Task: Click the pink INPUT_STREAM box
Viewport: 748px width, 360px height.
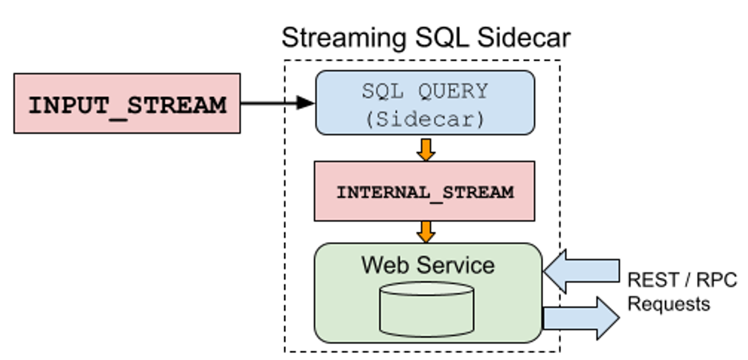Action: pyautogui.click(x=126, y=103)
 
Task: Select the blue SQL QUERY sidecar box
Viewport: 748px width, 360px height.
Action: pyautogui.click(x=425, y=103)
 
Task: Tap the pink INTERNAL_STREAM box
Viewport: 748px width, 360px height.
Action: pyautogui.click(x=425, y=191)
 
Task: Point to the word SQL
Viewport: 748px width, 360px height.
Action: pyautogui.click(x=382, y=91)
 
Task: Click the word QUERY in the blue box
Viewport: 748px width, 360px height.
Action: pyautogui.click(x=453, y=91)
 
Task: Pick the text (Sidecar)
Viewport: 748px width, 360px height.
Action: pyautogui.click(x=425, y=118)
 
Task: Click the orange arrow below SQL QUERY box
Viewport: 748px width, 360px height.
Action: pyautogui.click(x=426, y=149)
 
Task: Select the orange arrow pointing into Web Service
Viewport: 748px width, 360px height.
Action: pyautogui.click(x=426, y=231)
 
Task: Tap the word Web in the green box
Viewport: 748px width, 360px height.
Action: pyautogui.click(x=385, y=265)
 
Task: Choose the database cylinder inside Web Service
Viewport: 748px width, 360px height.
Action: pyautogui.click(x=427, y=309)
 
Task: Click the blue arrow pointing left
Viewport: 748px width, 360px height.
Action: pyautogui.click(x=582, y=270)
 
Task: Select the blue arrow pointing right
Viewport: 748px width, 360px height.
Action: pyautogui.click(x=581, y=318)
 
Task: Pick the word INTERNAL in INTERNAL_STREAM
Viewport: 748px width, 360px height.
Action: pyautogui.click(x=382, y=192)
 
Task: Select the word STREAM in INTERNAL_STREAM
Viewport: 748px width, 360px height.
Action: pyautogui.click(x=478, y=192)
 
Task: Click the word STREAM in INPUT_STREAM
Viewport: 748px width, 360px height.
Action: pyautogui.click(x=176, y=106)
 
